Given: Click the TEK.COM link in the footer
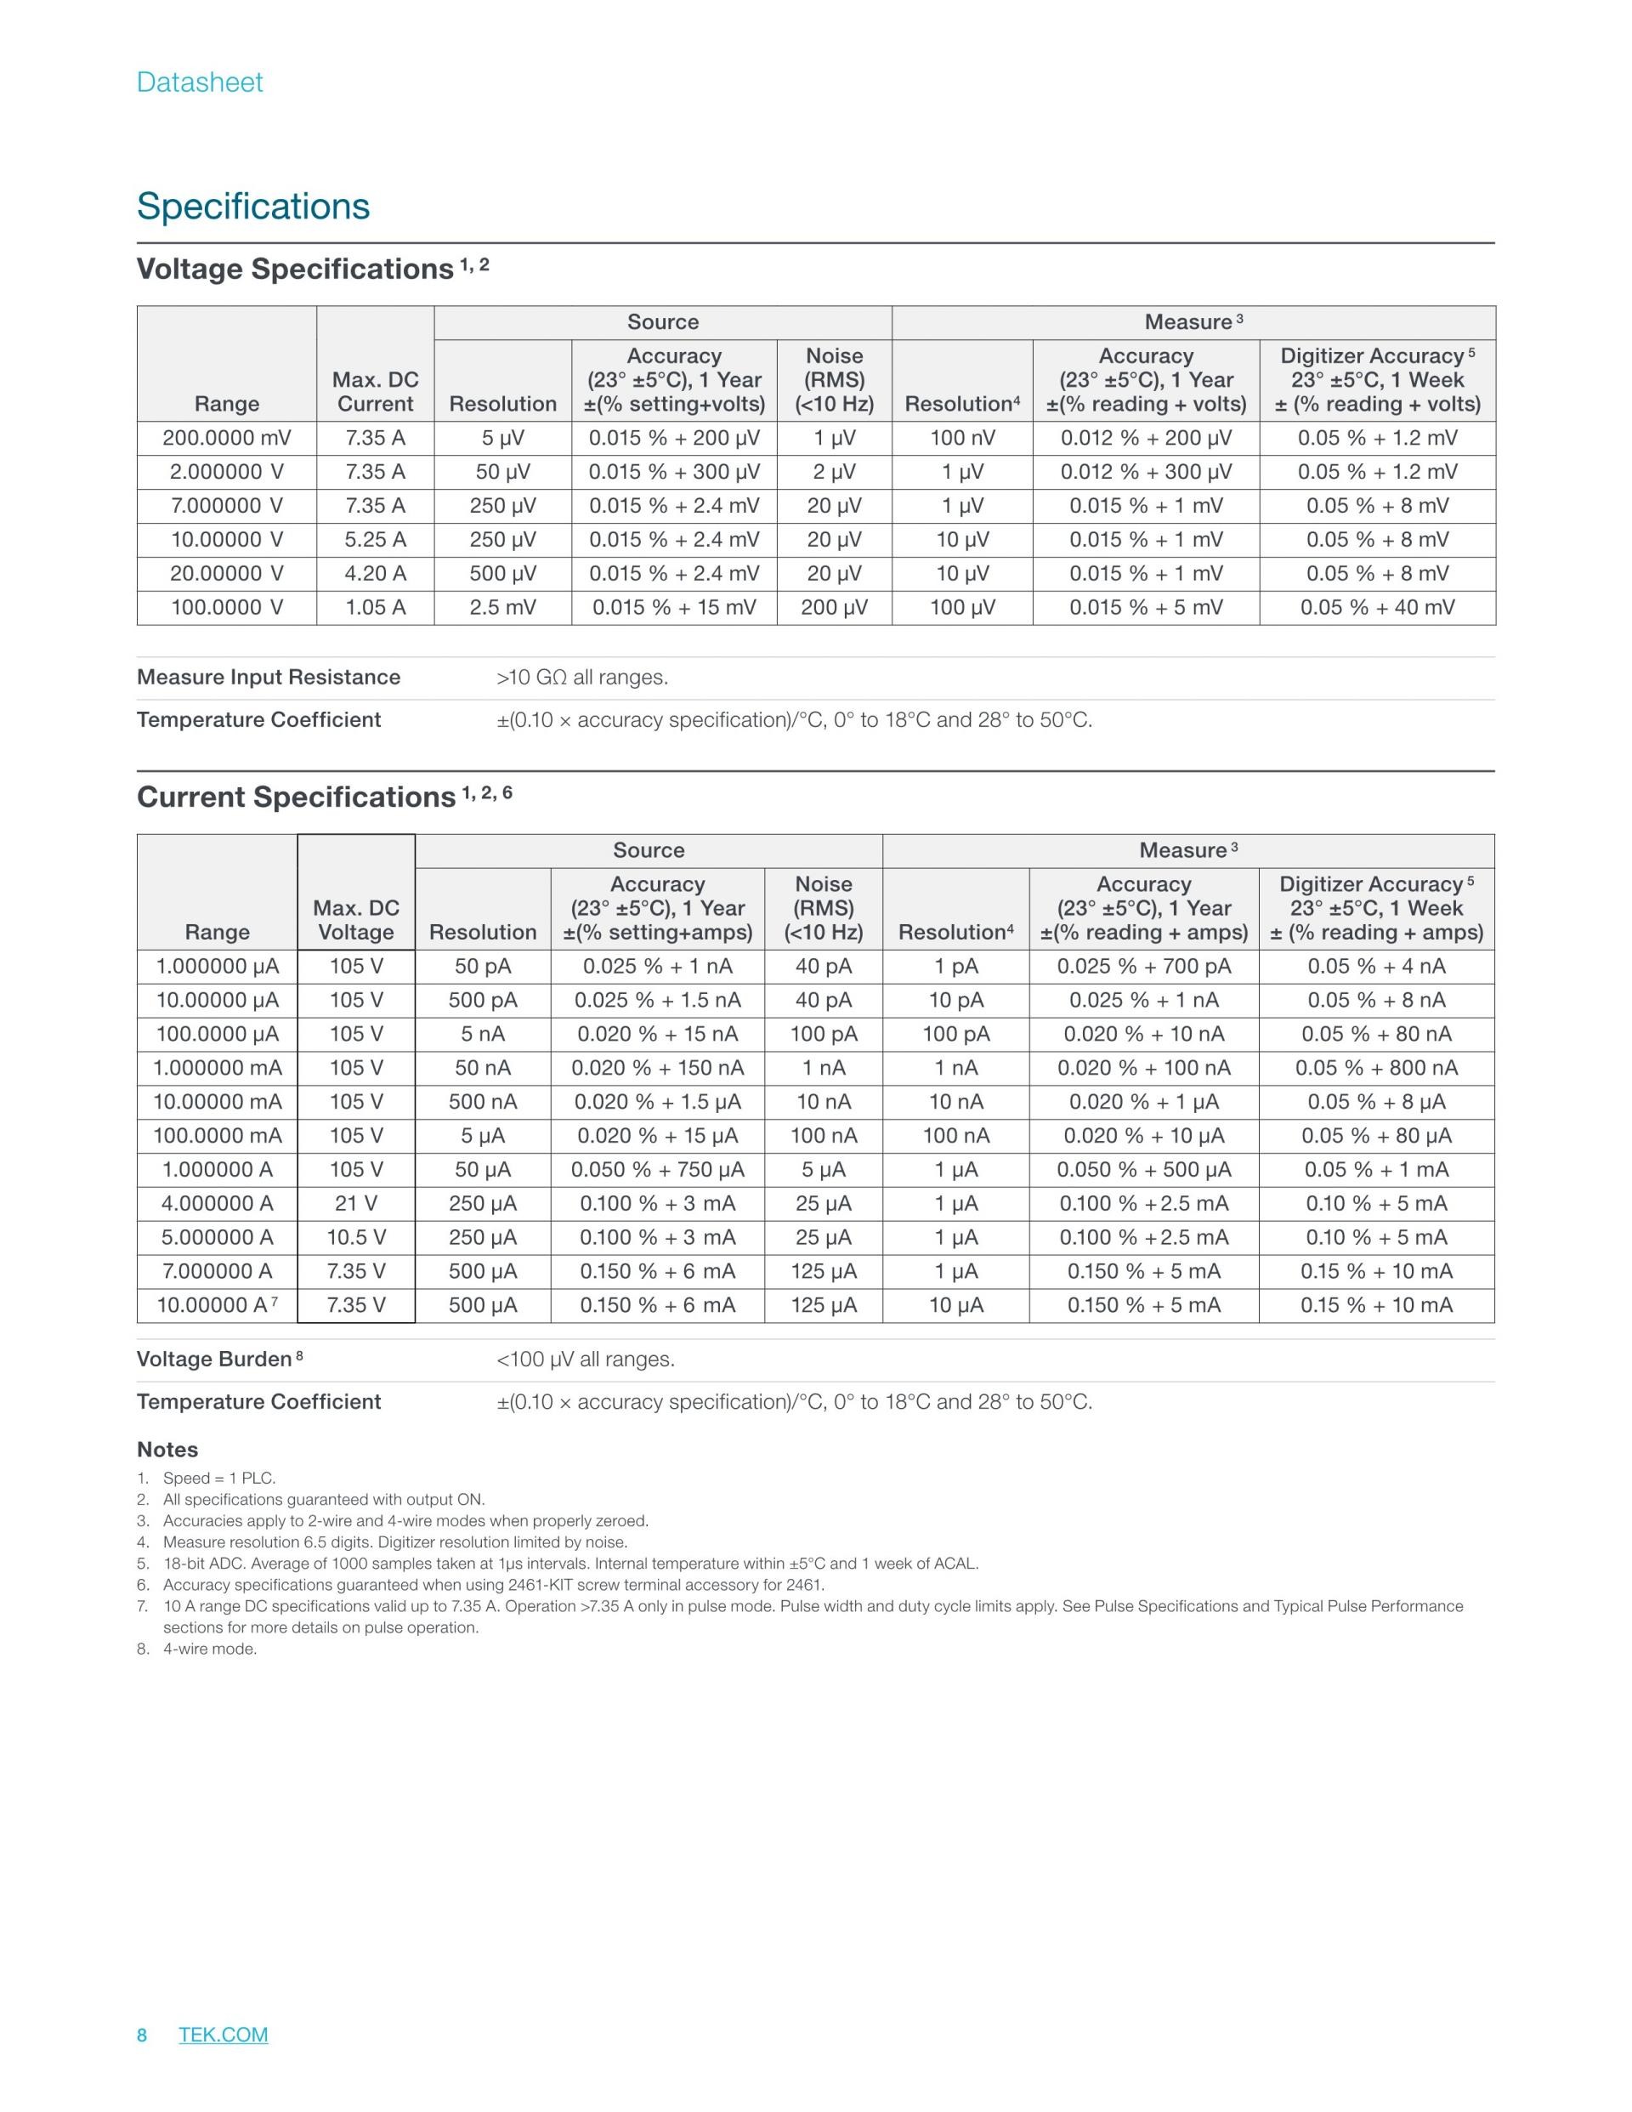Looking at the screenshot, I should [224, 2034].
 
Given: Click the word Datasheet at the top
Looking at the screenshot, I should [199, 82].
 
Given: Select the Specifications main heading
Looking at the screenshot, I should [253, 206].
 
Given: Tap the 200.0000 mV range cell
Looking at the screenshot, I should [226, 438].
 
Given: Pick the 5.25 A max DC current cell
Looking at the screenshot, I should [375, 540].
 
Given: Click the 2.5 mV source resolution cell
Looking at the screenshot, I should [502, 607].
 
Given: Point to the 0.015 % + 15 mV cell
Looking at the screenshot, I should [674, 607].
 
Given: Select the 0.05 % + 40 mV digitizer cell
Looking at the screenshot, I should [1377, 607].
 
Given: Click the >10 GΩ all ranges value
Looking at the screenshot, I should [582, 677].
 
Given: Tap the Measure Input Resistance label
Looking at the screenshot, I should [268, 677].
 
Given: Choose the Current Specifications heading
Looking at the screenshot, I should [296, 797].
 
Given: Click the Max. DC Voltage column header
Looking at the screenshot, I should [356, 920].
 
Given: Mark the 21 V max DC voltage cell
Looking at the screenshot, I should [356, 1203].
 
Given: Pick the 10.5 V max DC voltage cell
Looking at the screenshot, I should [356, 1237].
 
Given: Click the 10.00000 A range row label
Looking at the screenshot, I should [212, 1304].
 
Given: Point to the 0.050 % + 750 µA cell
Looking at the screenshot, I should [657, 1169].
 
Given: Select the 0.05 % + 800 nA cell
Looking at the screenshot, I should [1376, 1068].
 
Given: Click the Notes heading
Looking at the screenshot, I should [167, 1450].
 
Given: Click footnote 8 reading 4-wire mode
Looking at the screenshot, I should [209, 1649].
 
